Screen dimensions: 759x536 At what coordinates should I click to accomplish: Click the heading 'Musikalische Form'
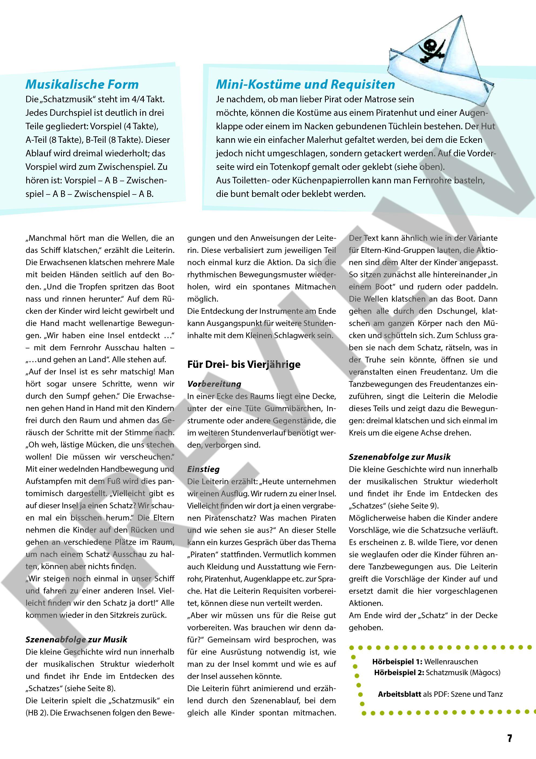coord(82,84)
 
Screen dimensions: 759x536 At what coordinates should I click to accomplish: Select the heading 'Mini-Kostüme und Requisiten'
coord(306,84)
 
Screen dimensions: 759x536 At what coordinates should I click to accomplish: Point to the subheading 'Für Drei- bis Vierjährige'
coord(244,364)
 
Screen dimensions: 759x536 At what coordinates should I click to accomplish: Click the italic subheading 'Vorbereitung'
coord(214,384)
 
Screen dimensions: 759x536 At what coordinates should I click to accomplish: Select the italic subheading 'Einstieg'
coord(203,469)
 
